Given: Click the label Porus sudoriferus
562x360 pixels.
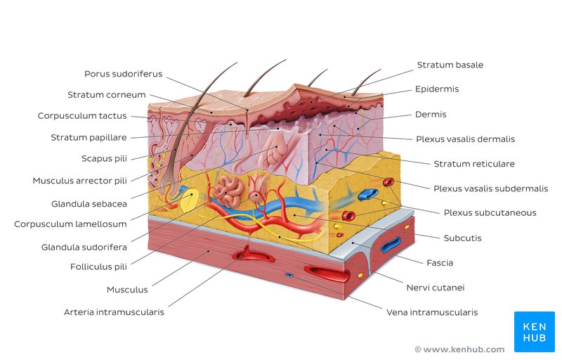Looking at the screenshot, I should pyautogui.click(x=123, y=74).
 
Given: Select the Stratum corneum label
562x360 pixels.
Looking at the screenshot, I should pyautogui.click(x=107, y=95).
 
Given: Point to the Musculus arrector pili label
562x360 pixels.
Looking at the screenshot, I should pyautogui.click(x=79, y=181).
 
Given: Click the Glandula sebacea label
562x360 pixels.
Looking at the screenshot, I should pyautogui.click(x=89, y=204).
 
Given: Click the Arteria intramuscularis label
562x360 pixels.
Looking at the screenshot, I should pyautogui.click(x=114, y=312).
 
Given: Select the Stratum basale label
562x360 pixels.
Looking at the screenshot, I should pyautogui.click(x=450, y=65).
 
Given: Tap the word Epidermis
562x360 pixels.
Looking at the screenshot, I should pyautogui.click(x=436, y=89).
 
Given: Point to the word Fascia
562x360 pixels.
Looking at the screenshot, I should pyautogui.click(x=440, y=263).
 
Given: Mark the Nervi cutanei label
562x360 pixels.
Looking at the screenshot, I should pyautogui.click(x=436, y=288).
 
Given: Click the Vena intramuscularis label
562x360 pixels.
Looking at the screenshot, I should pyautogui.click(x=432, y=312).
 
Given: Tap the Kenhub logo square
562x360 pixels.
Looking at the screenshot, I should pyautogui.click(x=535, y=332).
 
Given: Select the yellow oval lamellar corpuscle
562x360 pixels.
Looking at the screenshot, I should pyautogui.click(x=189, y=202).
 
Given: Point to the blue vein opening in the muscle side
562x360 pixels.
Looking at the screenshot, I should pyautogui.click(x=391, y=244).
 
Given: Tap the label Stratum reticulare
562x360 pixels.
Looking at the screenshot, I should pyautogui.click(x=474, y=164).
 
